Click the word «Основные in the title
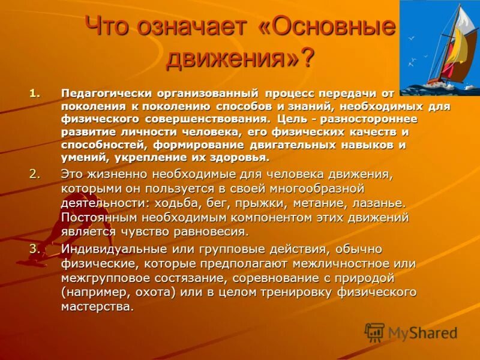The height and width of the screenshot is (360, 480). pos(326,27)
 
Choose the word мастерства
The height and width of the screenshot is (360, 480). pos(96,307)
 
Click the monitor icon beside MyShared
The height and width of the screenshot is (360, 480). pos(374,332)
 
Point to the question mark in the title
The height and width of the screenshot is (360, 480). pos(307,58)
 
